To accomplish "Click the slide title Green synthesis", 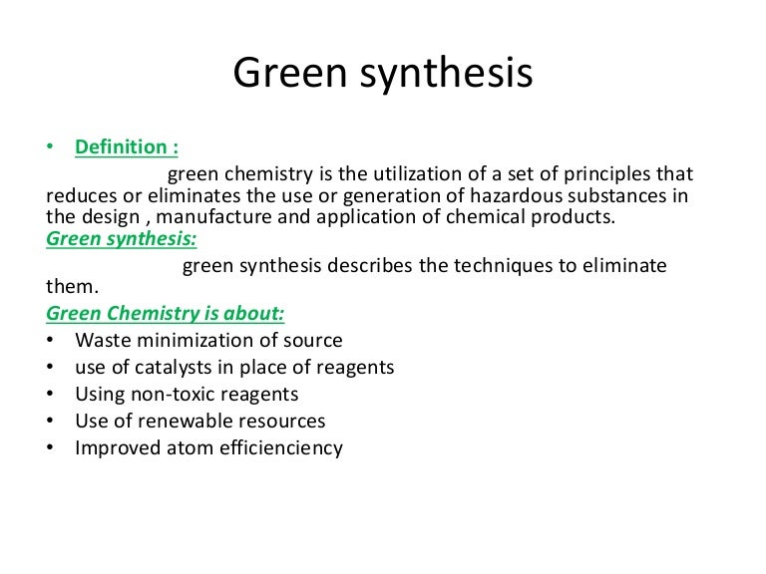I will pos(383,75).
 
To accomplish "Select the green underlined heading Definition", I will pos(127,147).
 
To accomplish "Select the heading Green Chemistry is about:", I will pos(166,314).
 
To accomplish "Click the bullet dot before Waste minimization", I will pos(51,341).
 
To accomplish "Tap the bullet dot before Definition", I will pos(51,147).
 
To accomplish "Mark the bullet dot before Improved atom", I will pos(51,448).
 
